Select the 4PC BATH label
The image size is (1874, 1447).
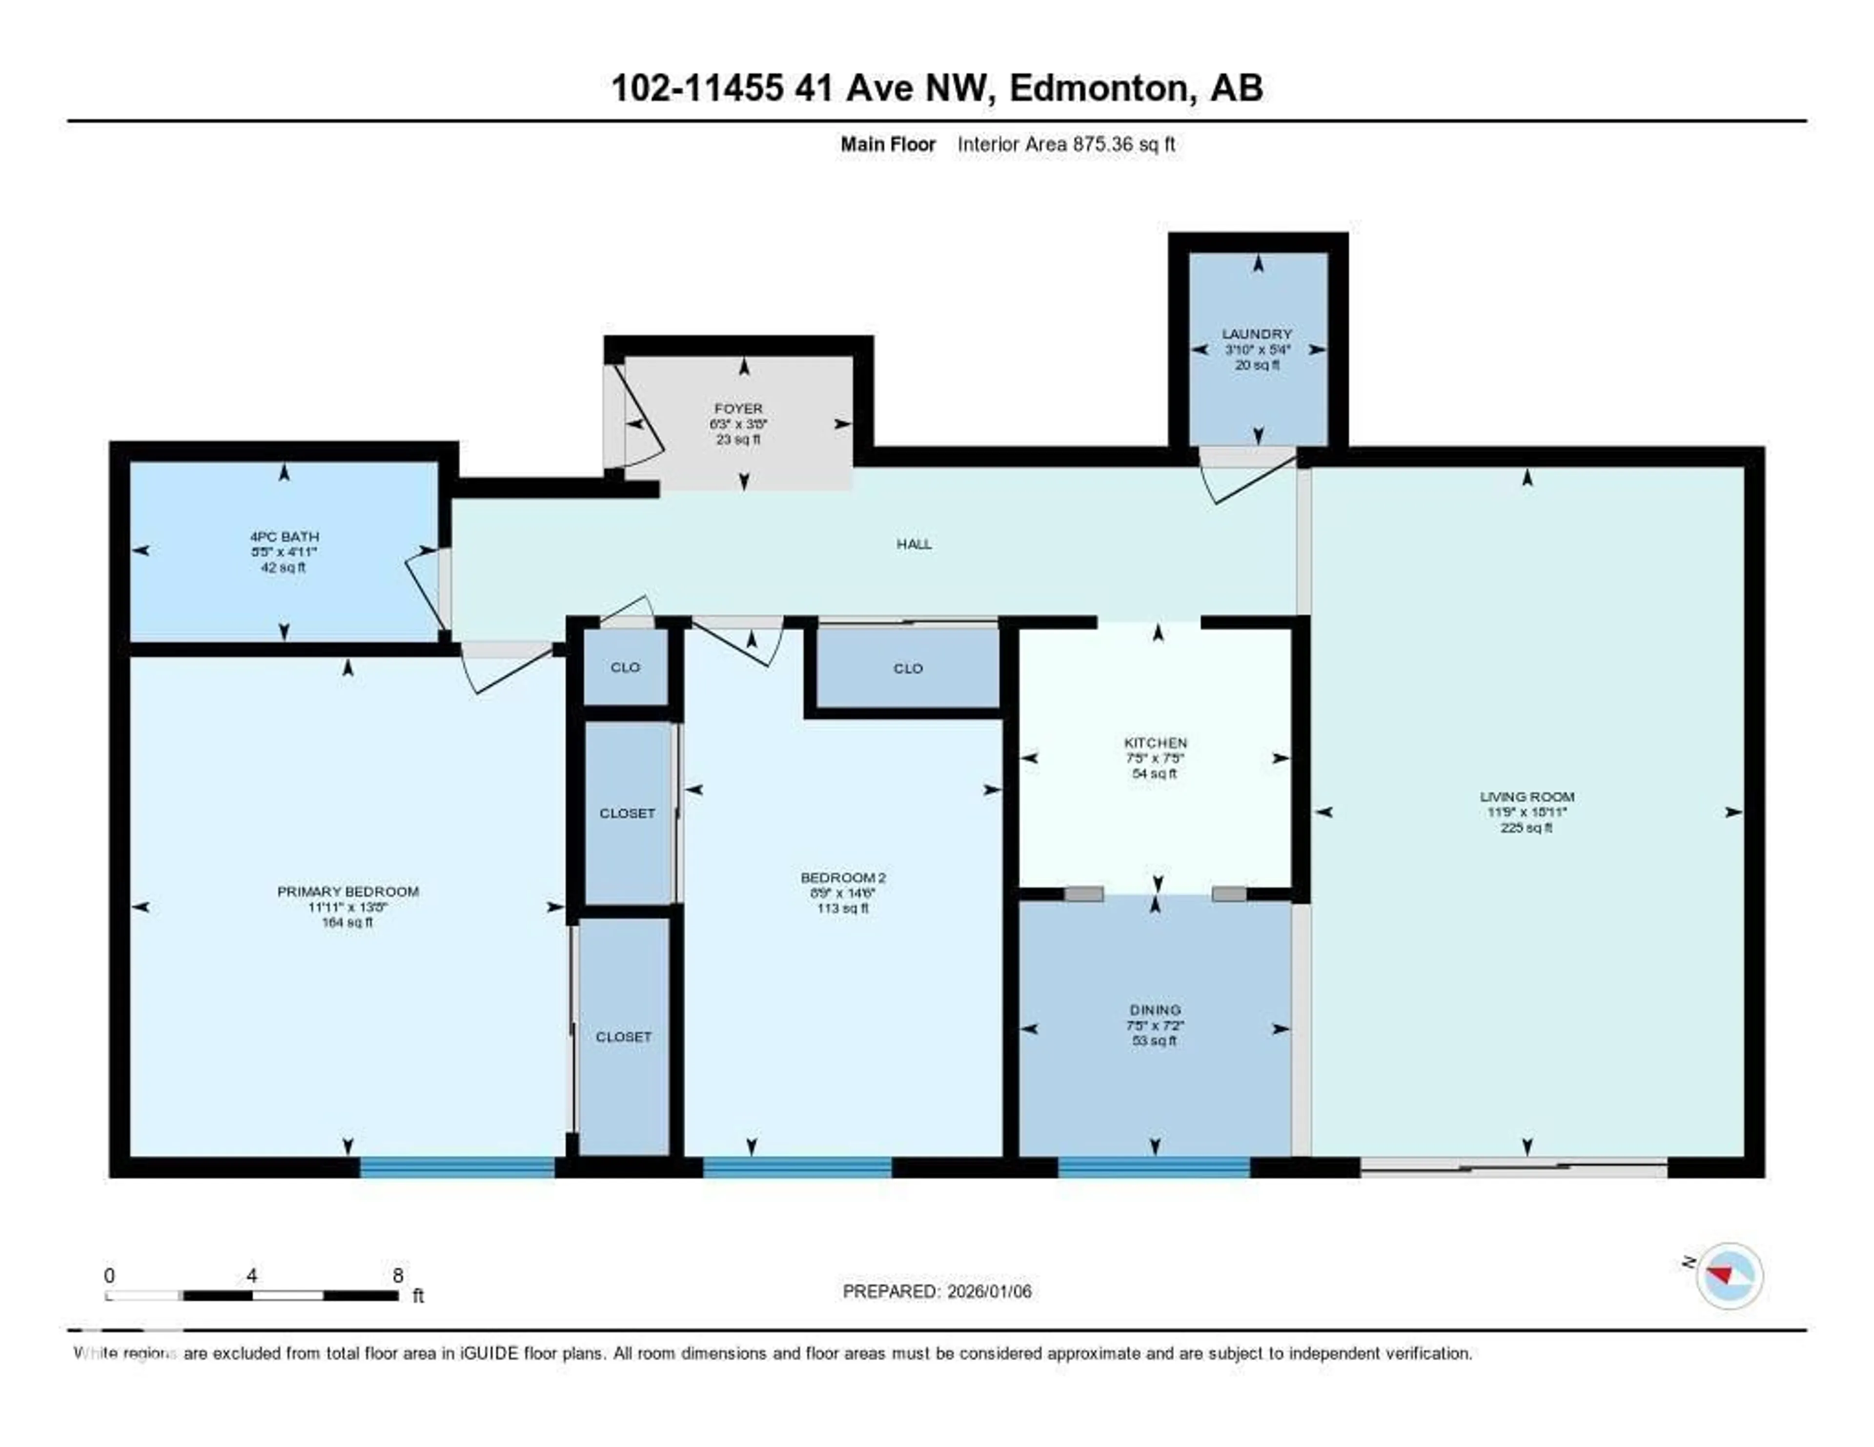(284, 537)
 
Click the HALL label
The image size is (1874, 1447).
(914, 544)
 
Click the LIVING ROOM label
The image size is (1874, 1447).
(1527, 797)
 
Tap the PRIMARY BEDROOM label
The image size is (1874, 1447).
(347, 892)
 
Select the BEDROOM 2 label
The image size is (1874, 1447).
(843, 878)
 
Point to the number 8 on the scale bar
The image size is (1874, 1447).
(397, 1275)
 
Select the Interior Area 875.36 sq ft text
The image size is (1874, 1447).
(1066, 144)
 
